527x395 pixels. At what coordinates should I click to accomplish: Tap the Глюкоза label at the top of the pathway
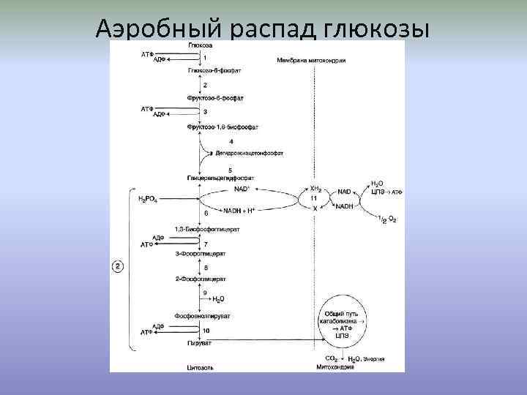tap(200, 45)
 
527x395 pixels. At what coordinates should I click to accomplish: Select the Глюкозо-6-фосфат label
tap(214, 70)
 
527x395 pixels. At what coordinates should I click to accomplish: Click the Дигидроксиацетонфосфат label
tap(248, 154)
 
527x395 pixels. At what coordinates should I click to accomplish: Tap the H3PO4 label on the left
tap(149, 198)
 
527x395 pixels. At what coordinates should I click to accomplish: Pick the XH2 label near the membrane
tap(316, 188)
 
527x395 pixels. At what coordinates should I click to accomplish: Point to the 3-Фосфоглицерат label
tap(201, 254)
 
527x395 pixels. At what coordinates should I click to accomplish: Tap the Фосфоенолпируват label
tap(203, 316)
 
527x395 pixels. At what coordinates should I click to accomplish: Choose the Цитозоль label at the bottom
tap(199, 366)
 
